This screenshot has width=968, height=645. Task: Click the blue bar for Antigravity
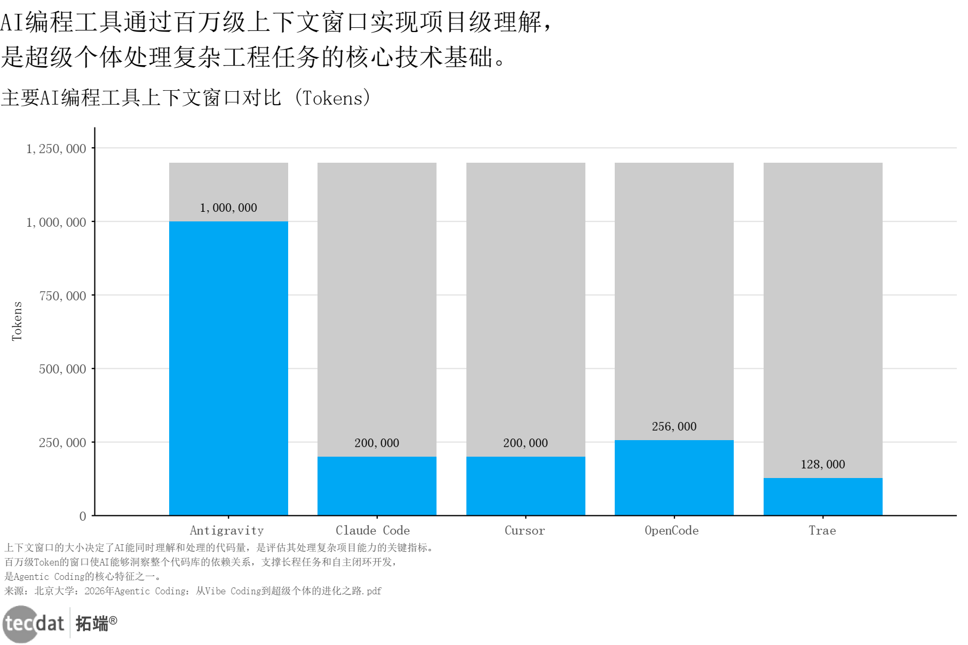coord(228,368)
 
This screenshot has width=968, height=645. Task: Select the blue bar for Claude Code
coord(377,485)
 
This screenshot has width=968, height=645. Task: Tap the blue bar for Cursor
coord(526,485)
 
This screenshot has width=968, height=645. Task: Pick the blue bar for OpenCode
coord(674,477)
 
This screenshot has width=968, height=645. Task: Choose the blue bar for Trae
coord(823,496)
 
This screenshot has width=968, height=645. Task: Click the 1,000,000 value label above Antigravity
coord(228,208)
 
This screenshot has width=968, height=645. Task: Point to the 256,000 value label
coord(674,426)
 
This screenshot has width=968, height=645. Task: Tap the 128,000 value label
coord(823,464)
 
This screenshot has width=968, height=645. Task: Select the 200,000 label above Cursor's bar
coord(526,443)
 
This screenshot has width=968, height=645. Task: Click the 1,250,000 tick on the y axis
coord(56,149)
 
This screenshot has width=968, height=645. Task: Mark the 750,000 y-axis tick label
coord(62,296)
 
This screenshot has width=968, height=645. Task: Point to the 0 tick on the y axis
coord(83,516)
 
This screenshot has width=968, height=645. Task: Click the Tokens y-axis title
coord(17,321)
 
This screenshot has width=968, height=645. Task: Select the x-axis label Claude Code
coord(372,530)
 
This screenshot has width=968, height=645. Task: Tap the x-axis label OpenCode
coord(671,530)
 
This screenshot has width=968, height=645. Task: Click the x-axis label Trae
coord(822,530)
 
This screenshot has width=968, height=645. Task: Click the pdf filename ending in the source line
coord(374,591)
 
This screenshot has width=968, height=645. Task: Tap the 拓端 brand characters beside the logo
coord(92,623)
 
